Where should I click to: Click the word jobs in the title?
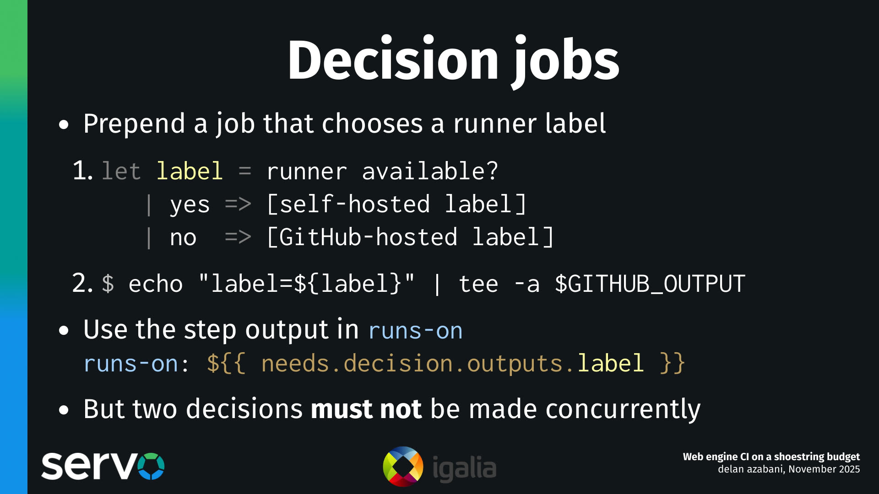click(566, 60)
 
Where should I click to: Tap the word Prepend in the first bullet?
click(134, 123)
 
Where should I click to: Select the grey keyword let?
click(121, 172)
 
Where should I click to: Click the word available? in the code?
click(429, 172)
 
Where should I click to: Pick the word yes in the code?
click(190, 204)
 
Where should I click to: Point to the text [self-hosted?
click(348, 204)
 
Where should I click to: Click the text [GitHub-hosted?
click(362, 237)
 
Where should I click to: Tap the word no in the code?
click(183, 238)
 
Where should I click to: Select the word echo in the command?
click(156, 284)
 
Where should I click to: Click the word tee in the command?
click(478, 284)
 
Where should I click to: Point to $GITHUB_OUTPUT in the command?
click(650, 284)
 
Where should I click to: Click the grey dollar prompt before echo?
click(108, 284)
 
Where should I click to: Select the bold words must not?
click(366, 409)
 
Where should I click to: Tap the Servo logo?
click(103, 466)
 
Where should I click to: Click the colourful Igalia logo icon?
click(403, 467)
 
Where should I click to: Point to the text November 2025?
click(824, 469)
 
